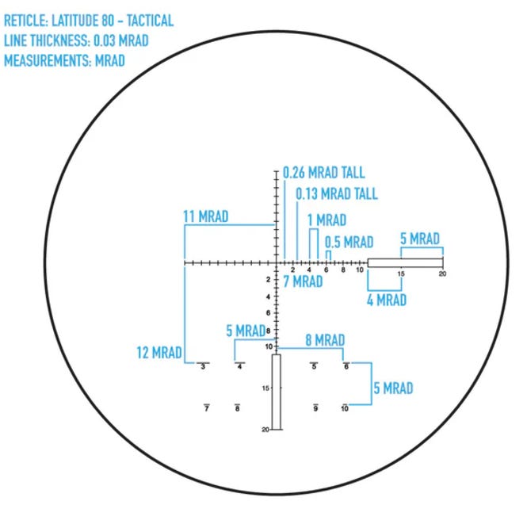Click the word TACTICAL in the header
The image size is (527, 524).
[x=150, y=21]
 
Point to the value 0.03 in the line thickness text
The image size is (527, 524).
[x=104, y=40]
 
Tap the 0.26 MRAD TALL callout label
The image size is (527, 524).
[x=323, y=173]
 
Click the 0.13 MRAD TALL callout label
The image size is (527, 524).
[x=337, y=193]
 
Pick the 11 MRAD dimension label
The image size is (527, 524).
[x=206, y=216]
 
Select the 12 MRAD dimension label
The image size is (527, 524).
[x=159, y=353]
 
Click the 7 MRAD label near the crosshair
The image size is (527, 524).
[x=303, y=281]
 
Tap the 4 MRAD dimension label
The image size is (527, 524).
[x=387, y=300]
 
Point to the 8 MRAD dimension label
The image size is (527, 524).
[x=325, y=340]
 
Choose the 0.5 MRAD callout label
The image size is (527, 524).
[x=349, y=242]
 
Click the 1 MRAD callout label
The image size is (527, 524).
[x=327, y=220]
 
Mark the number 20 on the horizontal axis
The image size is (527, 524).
[x=442, y=273]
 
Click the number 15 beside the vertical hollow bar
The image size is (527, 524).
[x=265, y=388]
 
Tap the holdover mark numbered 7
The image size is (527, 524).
[x=207, y=407]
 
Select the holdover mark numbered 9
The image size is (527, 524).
[x=315, y=407]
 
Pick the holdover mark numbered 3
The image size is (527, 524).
[x=203, y=366]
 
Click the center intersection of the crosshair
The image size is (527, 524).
[x=277, y=263]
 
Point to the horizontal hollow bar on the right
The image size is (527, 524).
[x=405, y=263]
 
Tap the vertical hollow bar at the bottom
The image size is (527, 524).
[x=277, y=392]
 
